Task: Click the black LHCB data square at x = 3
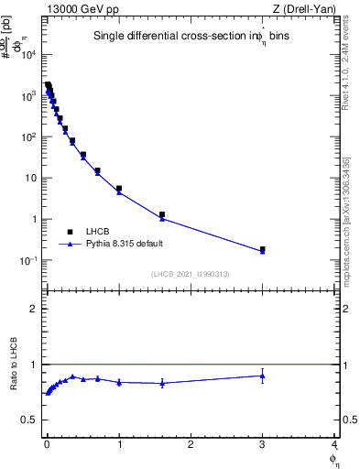click(262, 249)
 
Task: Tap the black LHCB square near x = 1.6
click(162, 214)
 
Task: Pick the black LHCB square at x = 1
click(119, 188)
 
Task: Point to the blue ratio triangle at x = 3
click(262, 375)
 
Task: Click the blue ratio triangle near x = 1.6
click(162, 383)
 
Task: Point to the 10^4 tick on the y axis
click(28, 55)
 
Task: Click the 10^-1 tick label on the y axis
click(28, 261)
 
